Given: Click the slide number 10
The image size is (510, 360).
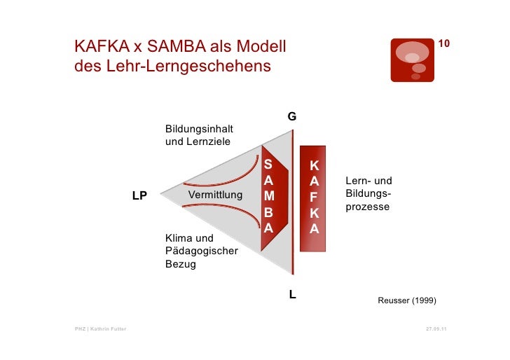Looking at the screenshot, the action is (443, 45).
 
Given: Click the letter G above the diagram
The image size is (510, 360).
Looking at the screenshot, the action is (291, 116).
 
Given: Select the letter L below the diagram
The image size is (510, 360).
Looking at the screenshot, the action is (293, 295).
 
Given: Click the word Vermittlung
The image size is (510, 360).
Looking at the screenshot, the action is (216, 194).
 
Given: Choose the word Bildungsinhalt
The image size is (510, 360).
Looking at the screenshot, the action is (200, 129).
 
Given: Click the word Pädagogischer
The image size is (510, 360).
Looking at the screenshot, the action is (202, 251).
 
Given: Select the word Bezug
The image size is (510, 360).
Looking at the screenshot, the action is (181, 265).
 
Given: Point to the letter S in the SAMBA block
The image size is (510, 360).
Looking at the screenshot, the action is (268, 165).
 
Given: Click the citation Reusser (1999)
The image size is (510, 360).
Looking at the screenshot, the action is (406, 300).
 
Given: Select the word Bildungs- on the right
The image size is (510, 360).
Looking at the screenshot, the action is (368, 195).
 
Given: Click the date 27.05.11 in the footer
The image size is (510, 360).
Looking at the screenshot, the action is (436, 328).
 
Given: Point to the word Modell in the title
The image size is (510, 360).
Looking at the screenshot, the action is (256, 48).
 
